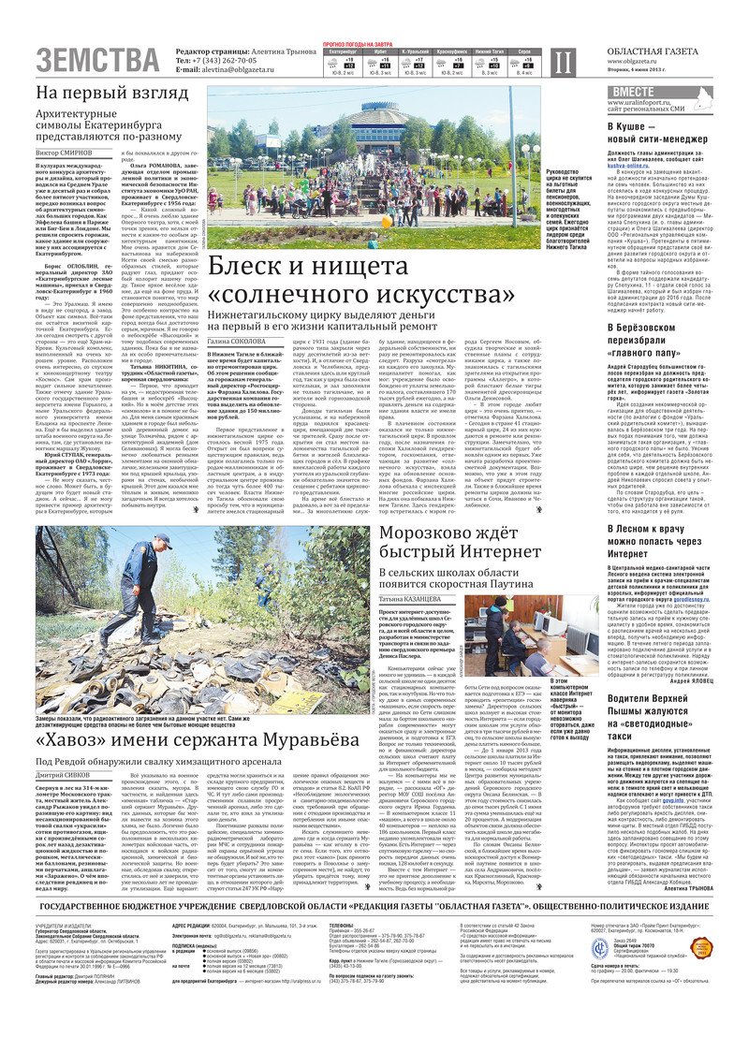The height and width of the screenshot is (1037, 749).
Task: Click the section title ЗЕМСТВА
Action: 98,60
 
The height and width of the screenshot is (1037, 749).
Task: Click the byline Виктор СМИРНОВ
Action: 66,152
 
